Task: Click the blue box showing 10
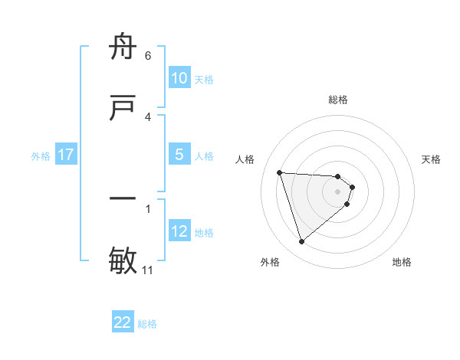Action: [179, 78]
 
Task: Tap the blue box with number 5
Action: [179, 155]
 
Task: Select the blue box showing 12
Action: [179, 231]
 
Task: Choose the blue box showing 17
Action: [66, 155]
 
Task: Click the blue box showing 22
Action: [123, 322]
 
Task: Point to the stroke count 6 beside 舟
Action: [148, 56]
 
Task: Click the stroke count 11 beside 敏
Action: [148, 270]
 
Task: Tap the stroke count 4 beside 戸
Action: [148, 116]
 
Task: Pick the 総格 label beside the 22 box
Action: [147, 324]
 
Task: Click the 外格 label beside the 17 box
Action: [41, 155]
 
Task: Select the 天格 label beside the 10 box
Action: [203, 79]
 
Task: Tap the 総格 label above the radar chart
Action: [338, 100]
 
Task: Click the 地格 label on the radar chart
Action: [402, 262]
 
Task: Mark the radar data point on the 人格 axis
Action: [279, 172]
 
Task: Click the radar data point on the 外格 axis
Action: [301, 242]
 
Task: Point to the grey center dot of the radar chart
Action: [338, 191]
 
